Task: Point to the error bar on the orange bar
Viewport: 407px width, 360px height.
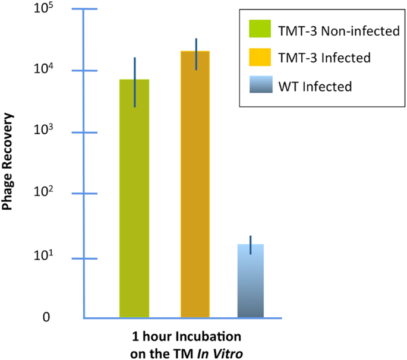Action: [x=196, y=54]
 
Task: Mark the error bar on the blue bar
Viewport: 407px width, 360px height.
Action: [x=251, y=245]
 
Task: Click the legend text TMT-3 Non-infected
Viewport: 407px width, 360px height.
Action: [x=339, y=30]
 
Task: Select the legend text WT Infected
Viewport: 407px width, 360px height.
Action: [x=315, y=87]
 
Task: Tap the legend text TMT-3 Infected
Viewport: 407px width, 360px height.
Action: [x=324, y=58]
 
